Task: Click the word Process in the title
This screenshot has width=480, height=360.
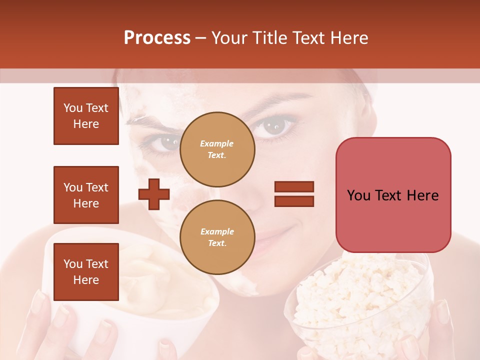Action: point(157,38)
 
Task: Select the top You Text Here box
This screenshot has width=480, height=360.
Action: point(86,116)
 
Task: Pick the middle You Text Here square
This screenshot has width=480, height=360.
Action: point(86,195)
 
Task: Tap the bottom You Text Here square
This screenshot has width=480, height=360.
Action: point(86,271)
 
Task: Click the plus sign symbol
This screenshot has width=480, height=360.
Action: point(154,194)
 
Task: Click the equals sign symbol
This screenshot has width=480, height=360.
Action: point(294,194)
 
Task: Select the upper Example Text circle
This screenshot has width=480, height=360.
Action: point(217,149)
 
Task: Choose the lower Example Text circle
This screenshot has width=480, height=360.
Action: point(217,237)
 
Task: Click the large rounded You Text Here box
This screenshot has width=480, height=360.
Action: point(393,195)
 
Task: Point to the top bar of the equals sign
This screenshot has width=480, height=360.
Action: point(294,187)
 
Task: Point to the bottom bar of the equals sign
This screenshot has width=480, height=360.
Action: point(294,201)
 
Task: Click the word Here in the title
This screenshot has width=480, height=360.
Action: point(349,38)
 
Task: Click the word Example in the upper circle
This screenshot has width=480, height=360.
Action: point(217,143)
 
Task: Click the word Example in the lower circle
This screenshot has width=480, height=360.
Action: point(217,231)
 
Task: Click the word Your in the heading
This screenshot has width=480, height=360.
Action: point(228,38)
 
